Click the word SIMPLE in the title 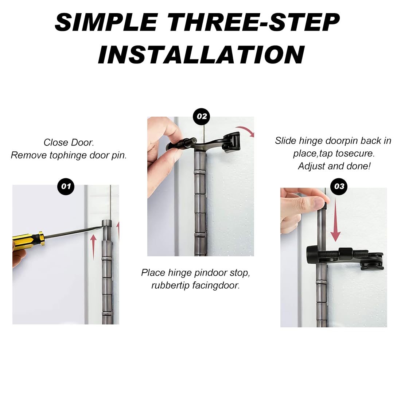click(x=106, y=22)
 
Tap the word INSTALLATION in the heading click(x=201, y=54)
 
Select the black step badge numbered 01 click(x=66, y=186)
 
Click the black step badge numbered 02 click(x=202, y=117)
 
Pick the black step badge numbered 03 click(x=339, y=186)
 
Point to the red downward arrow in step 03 click(x=335, y=221)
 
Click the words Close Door click(x=69, y=143)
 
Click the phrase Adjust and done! click(x=334, y=166)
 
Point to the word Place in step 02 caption click(x=153, y=273)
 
